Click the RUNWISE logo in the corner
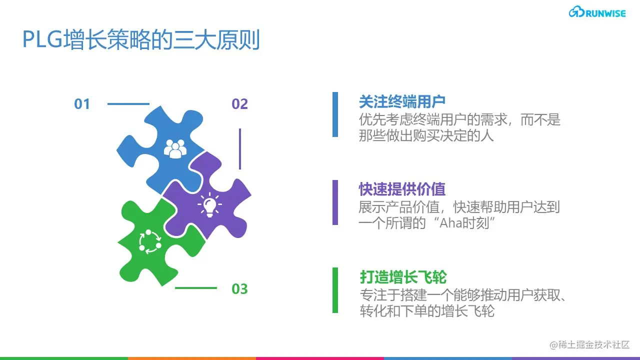(597, 12)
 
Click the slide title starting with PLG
(141, 39)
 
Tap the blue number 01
(82, 104)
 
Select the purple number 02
(239, 104)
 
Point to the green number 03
(239, 289)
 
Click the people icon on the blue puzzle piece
(175, 148)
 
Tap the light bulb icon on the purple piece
(209, 205)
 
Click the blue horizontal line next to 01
(128, 104)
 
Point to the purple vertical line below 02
(240, 149)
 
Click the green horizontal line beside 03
(196, 288)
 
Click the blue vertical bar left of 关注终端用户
(335, 114)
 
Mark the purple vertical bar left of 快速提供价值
(335, 202)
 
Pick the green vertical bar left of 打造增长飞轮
(335, 290)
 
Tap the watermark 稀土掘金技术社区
(589, 345)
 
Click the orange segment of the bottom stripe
(192, 358)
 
